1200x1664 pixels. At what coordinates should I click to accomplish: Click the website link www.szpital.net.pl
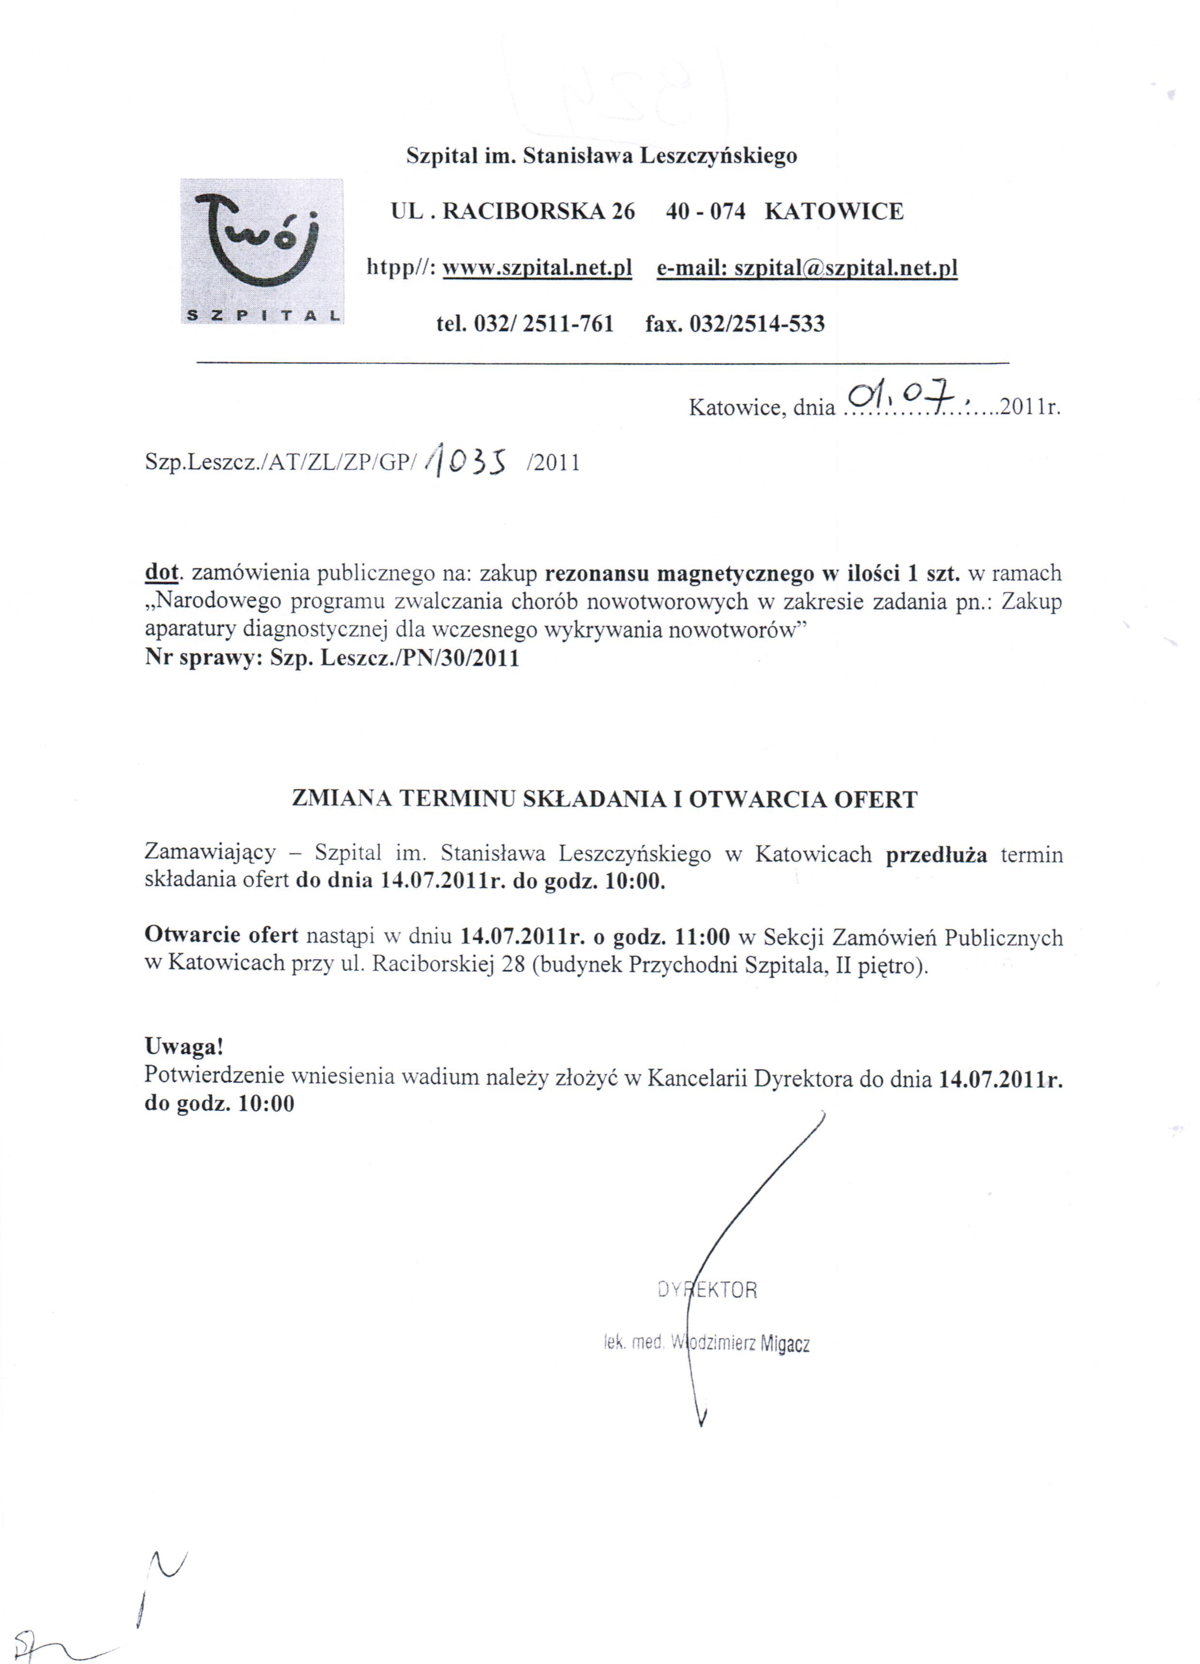537,269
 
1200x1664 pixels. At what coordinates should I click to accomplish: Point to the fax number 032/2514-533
756,323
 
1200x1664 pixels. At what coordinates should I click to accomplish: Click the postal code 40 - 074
705,212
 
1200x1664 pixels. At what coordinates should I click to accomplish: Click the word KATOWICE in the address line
834,212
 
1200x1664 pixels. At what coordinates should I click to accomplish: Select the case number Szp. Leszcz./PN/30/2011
395,657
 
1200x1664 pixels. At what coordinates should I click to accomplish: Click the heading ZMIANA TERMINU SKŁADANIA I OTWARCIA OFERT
604,799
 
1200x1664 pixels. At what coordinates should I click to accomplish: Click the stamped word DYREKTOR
707,1289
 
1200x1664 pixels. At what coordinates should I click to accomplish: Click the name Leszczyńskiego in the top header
718,156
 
